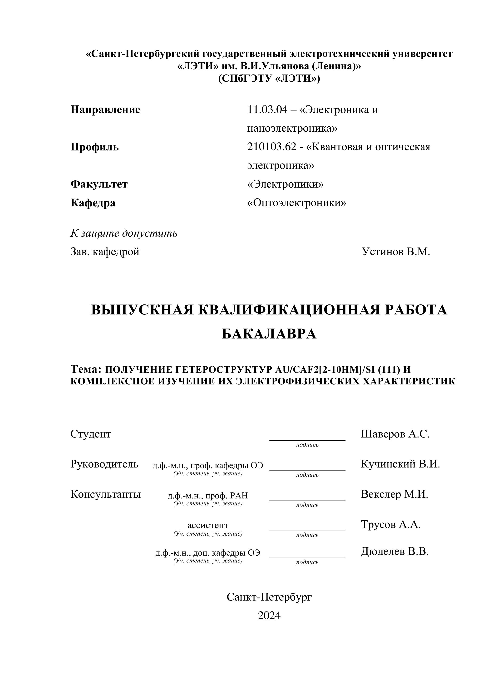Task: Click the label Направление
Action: (105, 109)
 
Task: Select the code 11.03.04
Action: (267, 109)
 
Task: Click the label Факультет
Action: (99, 184)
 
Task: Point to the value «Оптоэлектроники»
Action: (297, 203)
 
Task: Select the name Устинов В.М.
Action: (396, 252)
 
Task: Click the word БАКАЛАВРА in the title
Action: (269, 334)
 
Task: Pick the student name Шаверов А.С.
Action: (395, 434)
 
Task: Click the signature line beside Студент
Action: (307, 440)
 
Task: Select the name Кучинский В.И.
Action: (400, 464)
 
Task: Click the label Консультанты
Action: (105, 494)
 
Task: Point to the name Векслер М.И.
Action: (394, 494)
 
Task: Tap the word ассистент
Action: (208, 525)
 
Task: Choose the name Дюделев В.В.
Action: (394, 552)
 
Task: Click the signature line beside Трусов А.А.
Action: (307, 531)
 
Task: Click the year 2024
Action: (269, 616)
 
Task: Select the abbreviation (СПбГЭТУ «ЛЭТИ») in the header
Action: (269, 79)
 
